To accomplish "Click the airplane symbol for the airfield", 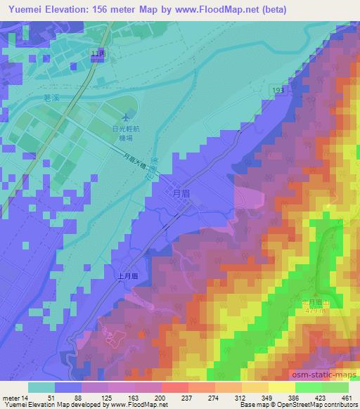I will coord(125,117).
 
